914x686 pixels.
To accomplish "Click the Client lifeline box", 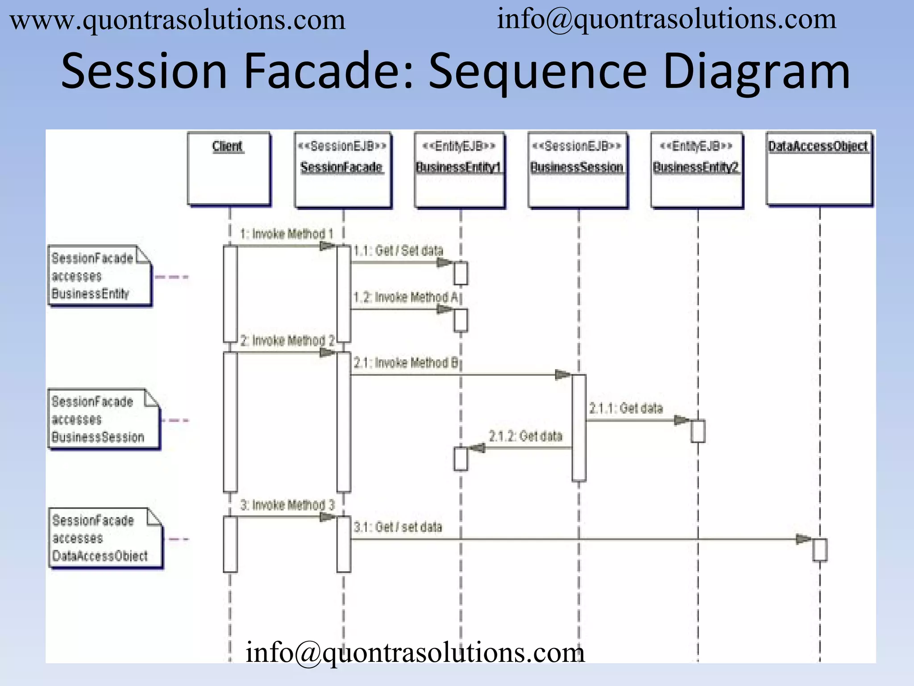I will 229,169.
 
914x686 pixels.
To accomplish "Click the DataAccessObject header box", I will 819,169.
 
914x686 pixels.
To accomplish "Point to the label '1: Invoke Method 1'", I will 287,234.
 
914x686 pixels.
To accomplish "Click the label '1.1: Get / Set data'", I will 398,251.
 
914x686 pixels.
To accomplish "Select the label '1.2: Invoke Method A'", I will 405,297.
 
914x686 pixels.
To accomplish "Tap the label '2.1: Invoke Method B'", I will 405,363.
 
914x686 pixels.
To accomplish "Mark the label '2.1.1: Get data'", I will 626,408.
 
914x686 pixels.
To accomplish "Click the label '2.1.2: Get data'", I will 525,436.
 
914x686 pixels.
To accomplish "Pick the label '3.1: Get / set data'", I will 398,527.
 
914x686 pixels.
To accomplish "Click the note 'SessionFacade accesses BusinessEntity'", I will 100,276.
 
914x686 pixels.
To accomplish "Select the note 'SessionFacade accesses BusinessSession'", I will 103,419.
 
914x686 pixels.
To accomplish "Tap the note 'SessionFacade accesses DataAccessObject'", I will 105,538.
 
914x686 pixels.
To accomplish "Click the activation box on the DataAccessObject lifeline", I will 819,550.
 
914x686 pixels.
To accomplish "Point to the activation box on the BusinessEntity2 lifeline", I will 698,431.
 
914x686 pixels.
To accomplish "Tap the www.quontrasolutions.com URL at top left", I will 178,21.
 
